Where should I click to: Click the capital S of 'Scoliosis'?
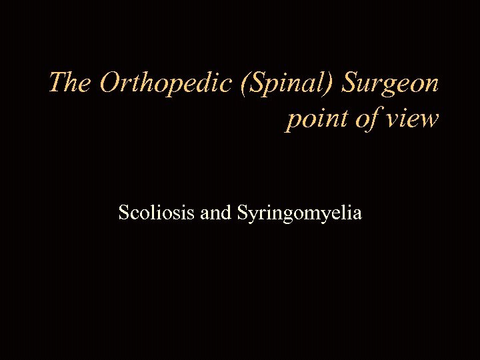[123, 213]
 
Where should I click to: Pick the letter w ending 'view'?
[429, 121]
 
